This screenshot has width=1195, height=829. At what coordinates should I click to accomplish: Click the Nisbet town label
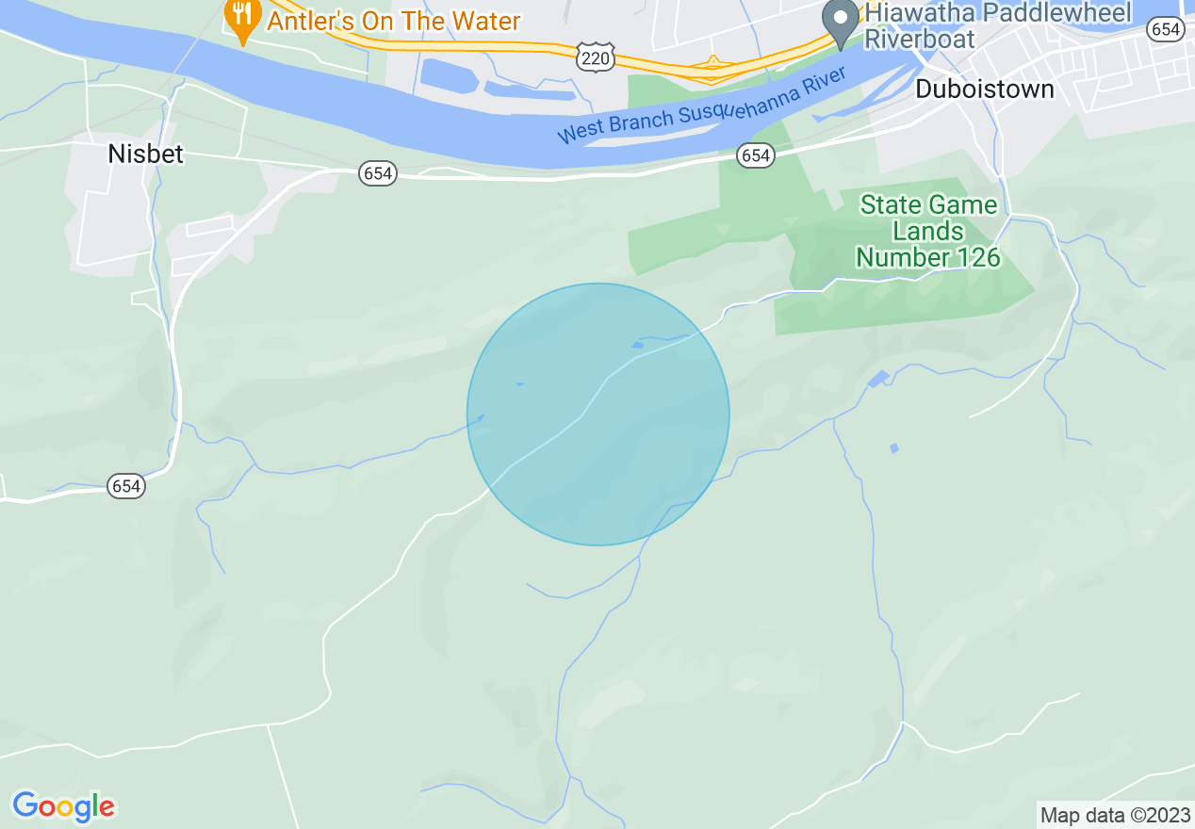(145, 154)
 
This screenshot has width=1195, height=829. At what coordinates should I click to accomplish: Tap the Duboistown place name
(985, 89)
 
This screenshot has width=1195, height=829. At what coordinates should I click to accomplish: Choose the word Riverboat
(919, 39)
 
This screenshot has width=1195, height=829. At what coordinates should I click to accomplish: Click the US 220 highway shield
(597, 58)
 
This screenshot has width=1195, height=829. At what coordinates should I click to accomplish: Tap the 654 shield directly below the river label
(756, 155)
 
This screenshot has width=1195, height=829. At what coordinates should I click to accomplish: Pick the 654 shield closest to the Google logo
(126, 486)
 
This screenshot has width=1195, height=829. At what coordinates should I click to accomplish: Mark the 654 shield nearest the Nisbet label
(378, 173)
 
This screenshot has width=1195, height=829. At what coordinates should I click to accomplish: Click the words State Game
(928, 205)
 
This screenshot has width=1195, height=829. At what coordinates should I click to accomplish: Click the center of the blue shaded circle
(598, 414)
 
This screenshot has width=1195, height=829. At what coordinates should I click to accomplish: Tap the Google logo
(63, 807)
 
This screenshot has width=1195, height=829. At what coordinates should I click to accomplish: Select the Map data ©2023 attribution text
(1114, 815)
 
